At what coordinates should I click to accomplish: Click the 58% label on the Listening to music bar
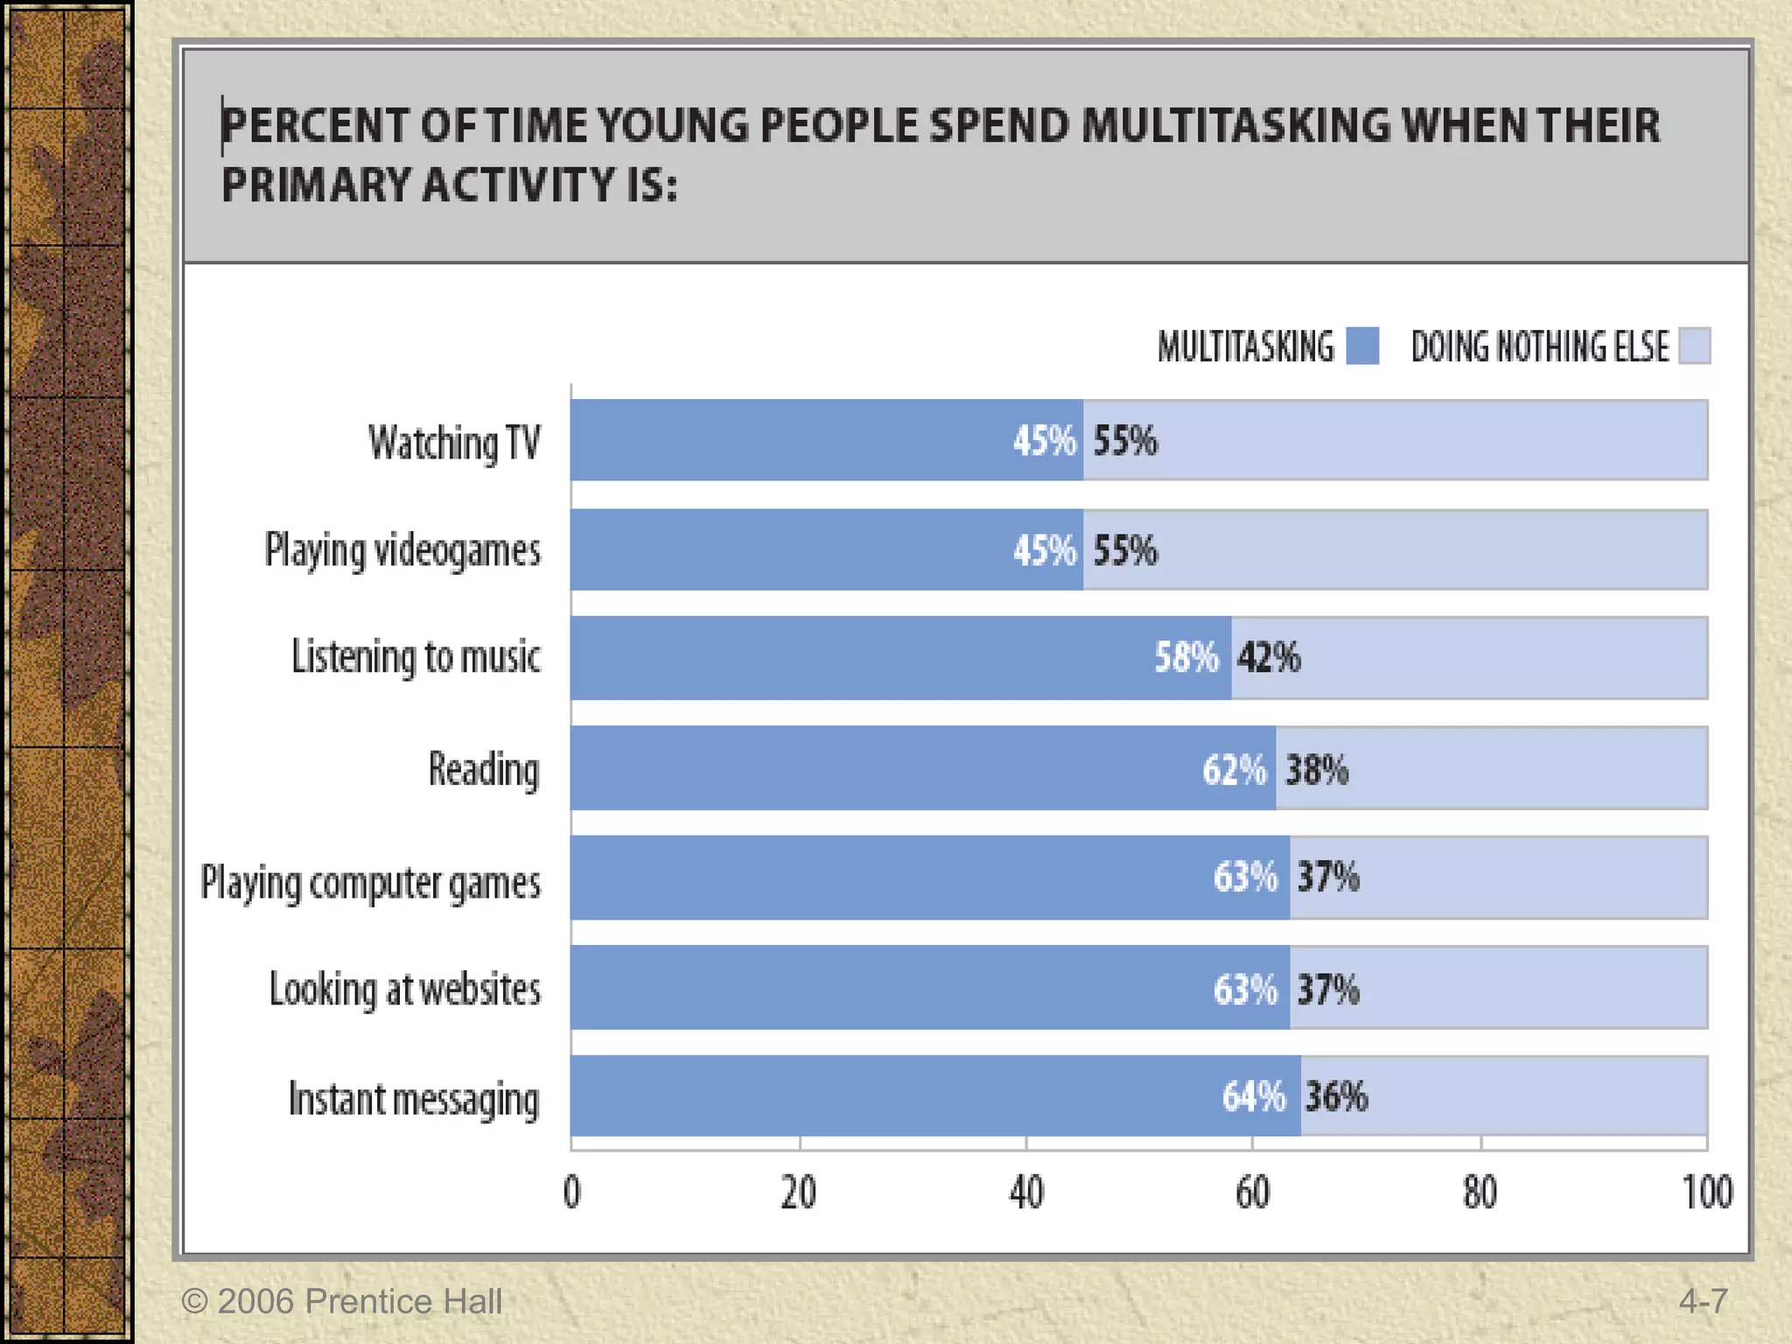(1186, 657)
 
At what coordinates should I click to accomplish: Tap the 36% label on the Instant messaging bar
(1336, 1096)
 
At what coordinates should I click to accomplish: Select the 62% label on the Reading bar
(1234, 770)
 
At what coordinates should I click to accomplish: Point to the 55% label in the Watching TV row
(1125, 440)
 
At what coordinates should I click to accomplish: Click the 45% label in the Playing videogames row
(1044, 550)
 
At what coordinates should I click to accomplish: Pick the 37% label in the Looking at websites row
(1328, 990)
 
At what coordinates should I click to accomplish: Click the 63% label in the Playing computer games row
(1245, 877)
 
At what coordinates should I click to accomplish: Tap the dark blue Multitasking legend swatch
(1361, 346)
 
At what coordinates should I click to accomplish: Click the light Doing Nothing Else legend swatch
(1695, 346)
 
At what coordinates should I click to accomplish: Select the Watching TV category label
(454, 442)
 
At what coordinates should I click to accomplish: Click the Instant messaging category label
(414, 1099)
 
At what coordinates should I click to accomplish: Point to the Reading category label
(484, 770)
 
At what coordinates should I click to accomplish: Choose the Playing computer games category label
(371, 882)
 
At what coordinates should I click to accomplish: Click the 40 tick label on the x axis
(1026, 1193)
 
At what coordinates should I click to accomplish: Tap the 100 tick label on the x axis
(1706, 1193)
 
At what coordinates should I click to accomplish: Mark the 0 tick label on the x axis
(571, 1193)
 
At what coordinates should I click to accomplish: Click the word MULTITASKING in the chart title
(1235, 125)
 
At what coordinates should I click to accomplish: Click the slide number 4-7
(1703, 1301)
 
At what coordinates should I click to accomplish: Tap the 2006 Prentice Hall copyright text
(342, 1301)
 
